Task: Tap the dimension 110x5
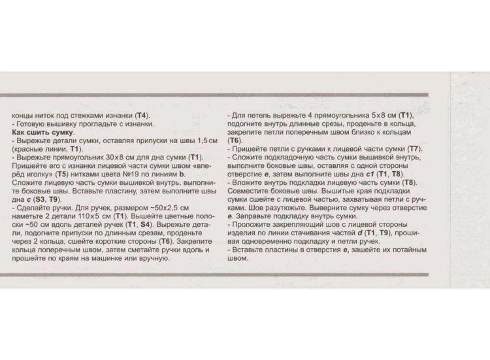click(95, 215)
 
